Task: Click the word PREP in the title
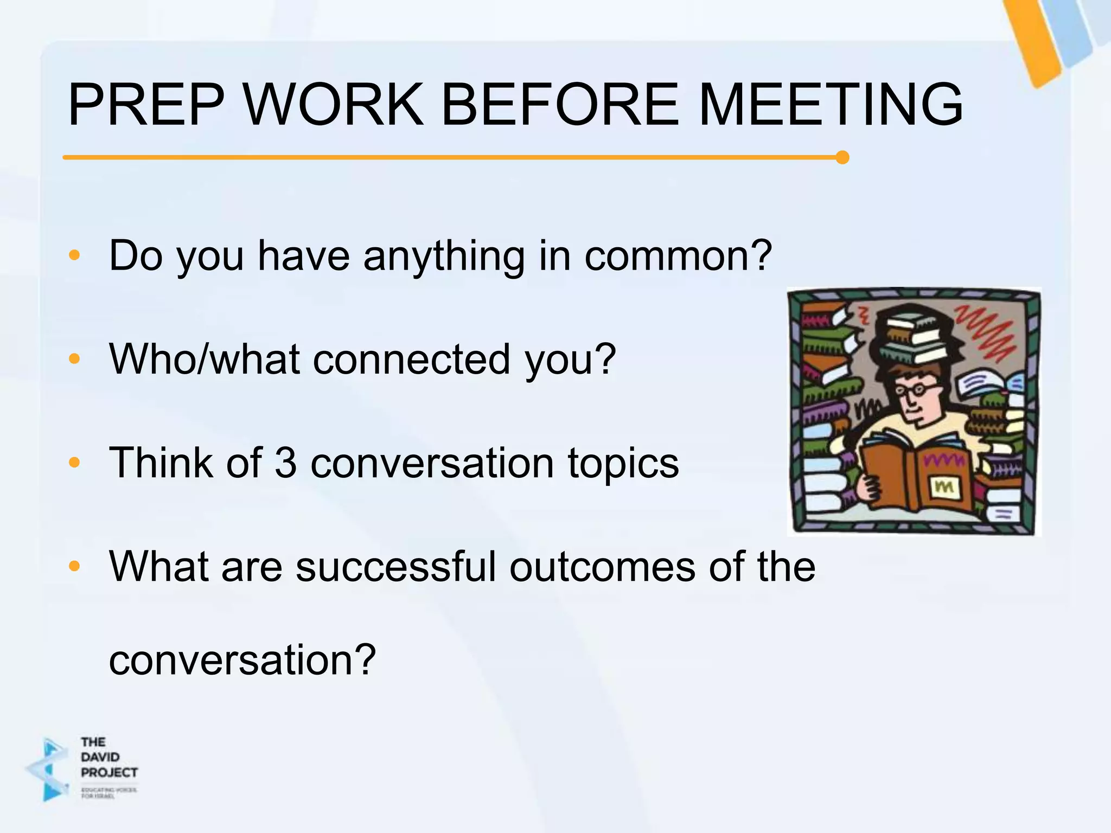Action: [145, 104]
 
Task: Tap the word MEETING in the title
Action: [831, 104]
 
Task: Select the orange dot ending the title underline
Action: [842, 157]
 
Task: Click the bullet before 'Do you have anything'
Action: [75, 255]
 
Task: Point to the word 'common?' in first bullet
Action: [678, 256]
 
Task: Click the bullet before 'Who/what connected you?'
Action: [75, 358]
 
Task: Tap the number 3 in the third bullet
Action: [286, 463]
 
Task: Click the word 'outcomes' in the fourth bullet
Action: [602, 567]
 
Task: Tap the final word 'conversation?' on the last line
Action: [242, 660]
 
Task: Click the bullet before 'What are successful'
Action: [75, 566]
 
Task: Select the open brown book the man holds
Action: [917, 477]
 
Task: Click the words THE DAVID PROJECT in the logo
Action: [108, 757]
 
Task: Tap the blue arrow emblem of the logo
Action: [49, 769]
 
